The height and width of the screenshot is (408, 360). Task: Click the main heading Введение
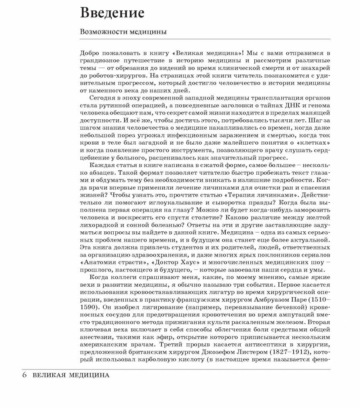112,13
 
